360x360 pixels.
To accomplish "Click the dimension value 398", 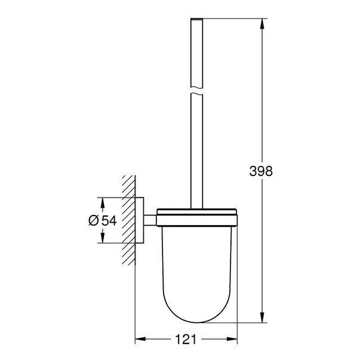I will click(261, 171).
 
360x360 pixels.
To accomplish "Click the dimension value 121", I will click(187, 340).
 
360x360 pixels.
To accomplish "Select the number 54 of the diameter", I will click(108, 220).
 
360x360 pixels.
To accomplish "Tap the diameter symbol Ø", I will click(93, 220).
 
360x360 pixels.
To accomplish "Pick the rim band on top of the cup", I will click(198, 212).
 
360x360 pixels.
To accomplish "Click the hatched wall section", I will click(128, 220).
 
